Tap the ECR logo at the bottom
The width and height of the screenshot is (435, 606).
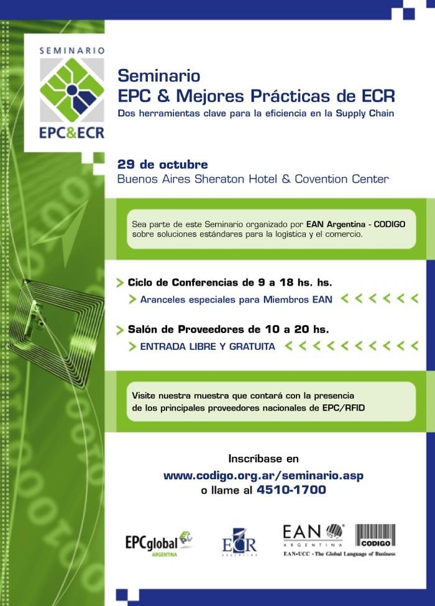click(x=239, y=542)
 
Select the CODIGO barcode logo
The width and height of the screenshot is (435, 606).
click(x=375, y=535)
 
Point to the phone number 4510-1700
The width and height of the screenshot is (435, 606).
click(x=291, y=490)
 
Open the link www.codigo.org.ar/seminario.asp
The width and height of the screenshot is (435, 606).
click(x=263, y=475)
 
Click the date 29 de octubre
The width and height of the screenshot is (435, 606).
click(x=162, y=165)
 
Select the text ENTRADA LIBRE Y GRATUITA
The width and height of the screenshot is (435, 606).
click(x=208, y=346)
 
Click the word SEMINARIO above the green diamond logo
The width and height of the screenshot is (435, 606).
click(x=72, y=50)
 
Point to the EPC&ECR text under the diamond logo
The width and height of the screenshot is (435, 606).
click(x=72, y=132)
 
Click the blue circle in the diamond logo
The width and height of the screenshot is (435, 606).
click(x=72, y=90)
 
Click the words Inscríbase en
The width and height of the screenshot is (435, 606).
click(x=263, y=459)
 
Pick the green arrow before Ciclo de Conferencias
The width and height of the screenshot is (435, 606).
click(x=120, y=283)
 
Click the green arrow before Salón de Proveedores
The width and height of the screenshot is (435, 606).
click(x=120, y=330)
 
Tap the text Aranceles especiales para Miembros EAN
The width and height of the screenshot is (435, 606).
click(x=236, y=300)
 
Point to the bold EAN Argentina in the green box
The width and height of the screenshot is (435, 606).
click(x=336, y=224)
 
